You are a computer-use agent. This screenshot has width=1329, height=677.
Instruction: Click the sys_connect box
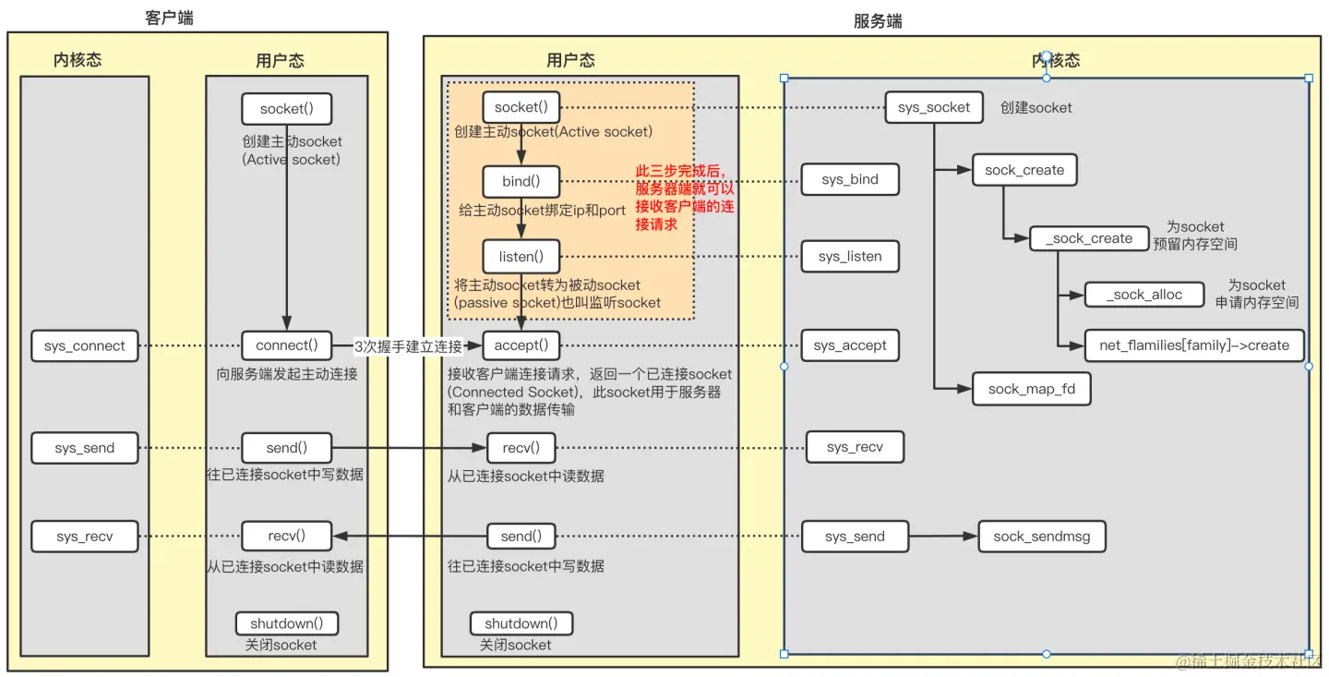click(85, 346)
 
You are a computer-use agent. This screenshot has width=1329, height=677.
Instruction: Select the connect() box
click(286, 346)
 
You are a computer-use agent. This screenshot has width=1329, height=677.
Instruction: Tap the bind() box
click(521, 181)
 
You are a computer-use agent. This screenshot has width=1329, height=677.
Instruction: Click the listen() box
click(521, 256)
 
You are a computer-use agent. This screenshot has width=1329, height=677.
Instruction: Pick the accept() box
click(521, 346)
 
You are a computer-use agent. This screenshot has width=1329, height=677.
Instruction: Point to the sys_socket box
click(933, 108)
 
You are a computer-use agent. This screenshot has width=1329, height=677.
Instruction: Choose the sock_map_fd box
click(1031, 389)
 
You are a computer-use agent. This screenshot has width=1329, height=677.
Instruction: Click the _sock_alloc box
click(1145, 295)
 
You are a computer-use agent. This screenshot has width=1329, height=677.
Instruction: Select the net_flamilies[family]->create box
click(1193, 345)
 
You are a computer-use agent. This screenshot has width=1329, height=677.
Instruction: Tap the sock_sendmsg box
click(1041, 537)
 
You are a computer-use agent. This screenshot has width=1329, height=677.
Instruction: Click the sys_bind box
click(850, 179)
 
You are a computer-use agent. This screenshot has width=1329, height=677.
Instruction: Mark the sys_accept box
click(850, 346)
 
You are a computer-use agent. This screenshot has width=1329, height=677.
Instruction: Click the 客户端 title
click(170, 18)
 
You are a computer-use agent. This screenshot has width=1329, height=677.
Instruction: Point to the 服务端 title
click(878, 21)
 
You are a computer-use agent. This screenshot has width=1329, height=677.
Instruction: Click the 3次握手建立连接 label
click(407, 346)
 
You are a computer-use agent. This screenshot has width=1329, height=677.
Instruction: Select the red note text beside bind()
click(685, 198)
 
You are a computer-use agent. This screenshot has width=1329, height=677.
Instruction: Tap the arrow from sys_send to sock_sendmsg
click(943, 537)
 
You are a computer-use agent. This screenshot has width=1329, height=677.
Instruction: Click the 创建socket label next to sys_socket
click(1036, 108)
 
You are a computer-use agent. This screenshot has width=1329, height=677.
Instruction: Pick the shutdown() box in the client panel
click(287, 623)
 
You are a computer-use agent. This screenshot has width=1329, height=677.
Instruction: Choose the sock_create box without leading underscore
click(1024, 170)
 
